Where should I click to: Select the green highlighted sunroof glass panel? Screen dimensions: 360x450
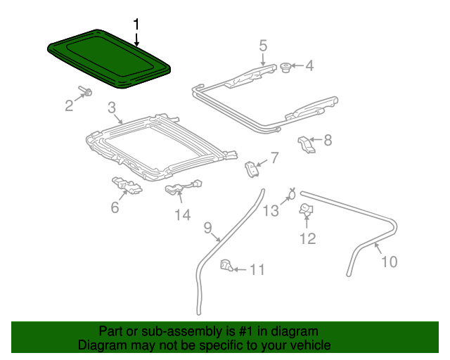[109, 59]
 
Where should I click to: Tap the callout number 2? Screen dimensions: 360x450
[69, 106]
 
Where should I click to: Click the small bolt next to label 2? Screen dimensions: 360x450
[85, 91]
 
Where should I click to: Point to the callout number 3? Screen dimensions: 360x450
[112, 108]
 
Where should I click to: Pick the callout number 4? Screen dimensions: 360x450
[309, 67]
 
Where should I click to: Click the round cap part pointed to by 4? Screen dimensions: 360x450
[286, 67]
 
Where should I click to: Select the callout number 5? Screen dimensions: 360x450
[263, 46]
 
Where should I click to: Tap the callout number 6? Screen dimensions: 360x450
[115, 207]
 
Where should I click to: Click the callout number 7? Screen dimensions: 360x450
[274, 157]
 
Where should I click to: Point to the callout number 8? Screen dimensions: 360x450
[327, 140]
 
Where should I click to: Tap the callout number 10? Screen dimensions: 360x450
[389, 262]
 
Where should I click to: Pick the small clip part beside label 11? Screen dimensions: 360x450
[226, 266]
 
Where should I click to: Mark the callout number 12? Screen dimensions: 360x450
[308, 239]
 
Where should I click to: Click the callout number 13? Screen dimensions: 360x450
[271, 210]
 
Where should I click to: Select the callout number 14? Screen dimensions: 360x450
[182, 215]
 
